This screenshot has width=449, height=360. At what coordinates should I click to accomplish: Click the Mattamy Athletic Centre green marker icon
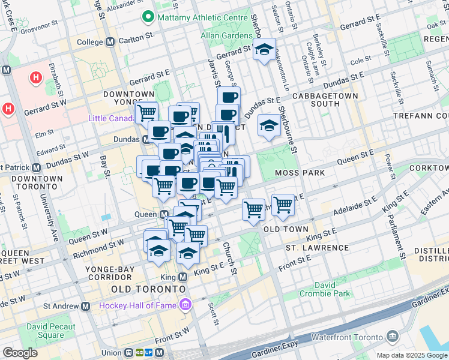147,17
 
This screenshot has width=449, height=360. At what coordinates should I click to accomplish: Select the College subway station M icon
110,42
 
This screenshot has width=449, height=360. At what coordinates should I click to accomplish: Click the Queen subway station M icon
164,214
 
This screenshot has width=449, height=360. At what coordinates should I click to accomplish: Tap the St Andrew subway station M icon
86,306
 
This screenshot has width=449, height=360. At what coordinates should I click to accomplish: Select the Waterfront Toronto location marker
393,335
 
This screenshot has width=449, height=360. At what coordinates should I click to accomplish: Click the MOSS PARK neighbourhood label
300,173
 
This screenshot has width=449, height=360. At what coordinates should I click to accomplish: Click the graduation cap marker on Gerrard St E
264,51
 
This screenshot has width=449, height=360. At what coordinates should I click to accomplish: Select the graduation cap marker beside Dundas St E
270,126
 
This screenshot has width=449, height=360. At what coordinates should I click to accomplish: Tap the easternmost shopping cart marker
283,205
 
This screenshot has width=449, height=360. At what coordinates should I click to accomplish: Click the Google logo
20,353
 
